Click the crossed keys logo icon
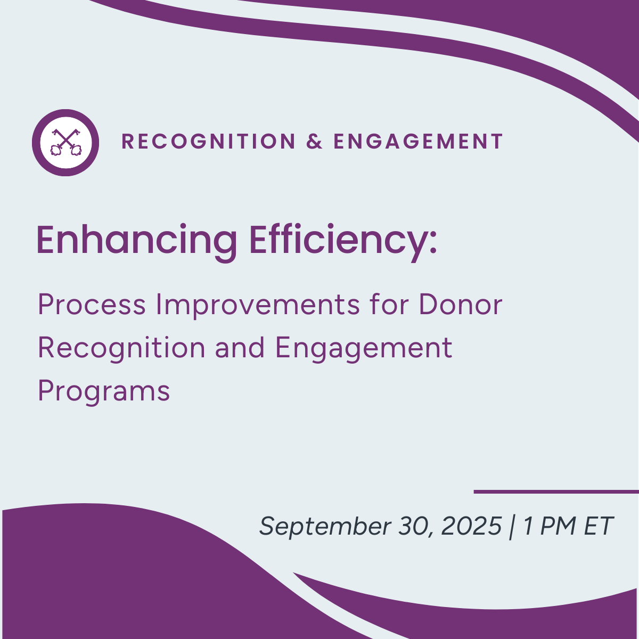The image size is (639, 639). pyautogui.click(x=65, y=142)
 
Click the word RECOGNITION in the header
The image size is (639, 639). pyautogui.click(x=209, y=142)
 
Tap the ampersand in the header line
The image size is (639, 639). pyautogui.click(x=314, y=142)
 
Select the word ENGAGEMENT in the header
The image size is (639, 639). pyautogui.click(x=418, y=142)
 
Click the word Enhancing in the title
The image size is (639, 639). pyautogui.click(x=136, y=241)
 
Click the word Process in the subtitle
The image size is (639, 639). pyautogui.click(x=92, y=305)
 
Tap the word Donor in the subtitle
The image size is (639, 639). pyautogui.click(x=460, y=305)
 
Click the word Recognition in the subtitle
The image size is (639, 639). pyautogui.click(x=121, y=349)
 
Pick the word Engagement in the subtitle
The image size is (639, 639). pyautogui.click(x=363, y=349)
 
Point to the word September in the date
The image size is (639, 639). pyautogui.click(x=325, y=526)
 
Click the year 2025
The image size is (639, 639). pyautogui.click(x=471, y=526)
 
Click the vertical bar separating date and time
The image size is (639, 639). pyautogui.click(x=512, y=526)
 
